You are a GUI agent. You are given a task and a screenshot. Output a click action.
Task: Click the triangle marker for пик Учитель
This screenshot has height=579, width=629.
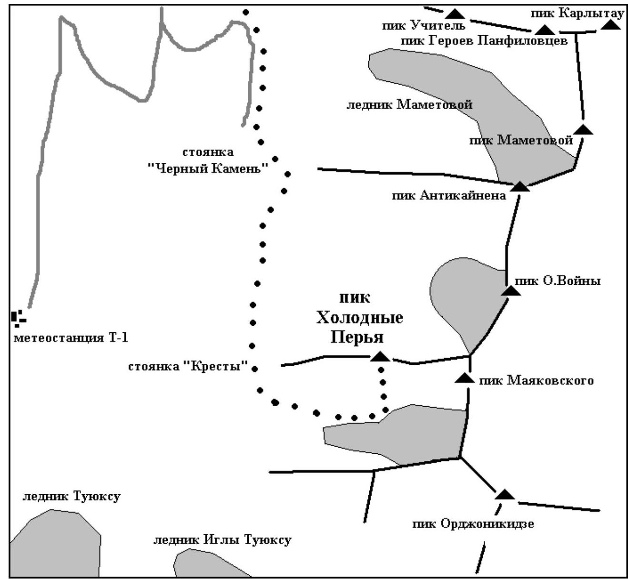[x=457, y=14]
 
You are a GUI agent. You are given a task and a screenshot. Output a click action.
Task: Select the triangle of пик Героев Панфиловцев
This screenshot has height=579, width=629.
[x=545, y=30]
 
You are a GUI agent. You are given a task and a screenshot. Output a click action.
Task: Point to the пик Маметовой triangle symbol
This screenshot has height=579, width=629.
[x=583, y=130]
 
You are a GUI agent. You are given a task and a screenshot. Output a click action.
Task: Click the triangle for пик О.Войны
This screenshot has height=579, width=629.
[x=511, y=290]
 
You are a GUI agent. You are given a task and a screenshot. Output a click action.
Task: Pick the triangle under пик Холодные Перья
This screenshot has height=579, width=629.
[x=380, y=357]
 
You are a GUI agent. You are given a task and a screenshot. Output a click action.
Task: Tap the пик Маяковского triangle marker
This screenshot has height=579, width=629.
[x=464, y=379]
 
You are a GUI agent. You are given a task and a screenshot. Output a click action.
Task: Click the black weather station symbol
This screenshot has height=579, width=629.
[x=18, y=318]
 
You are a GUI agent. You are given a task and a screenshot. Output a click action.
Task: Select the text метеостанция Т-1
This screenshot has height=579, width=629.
[x=71, y=339]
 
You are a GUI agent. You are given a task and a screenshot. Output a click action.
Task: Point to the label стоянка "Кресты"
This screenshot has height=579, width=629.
[x=189, y=367]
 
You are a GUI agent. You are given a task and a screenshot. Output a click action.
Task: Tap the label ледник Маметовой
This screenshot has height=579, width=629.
[x=409, y=105]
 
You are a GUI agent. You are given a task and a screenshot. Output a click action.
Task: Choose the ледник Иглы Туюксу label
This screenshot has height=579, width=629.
[x=222, y=540]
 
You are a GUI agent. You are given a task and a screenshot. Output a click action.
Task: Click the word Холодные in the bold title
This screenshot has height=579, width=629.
[x=360, y=318]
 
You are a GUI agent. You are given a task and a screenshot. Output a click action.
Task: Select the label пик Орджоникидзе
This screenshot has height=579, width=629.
[x=473, y=524]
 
